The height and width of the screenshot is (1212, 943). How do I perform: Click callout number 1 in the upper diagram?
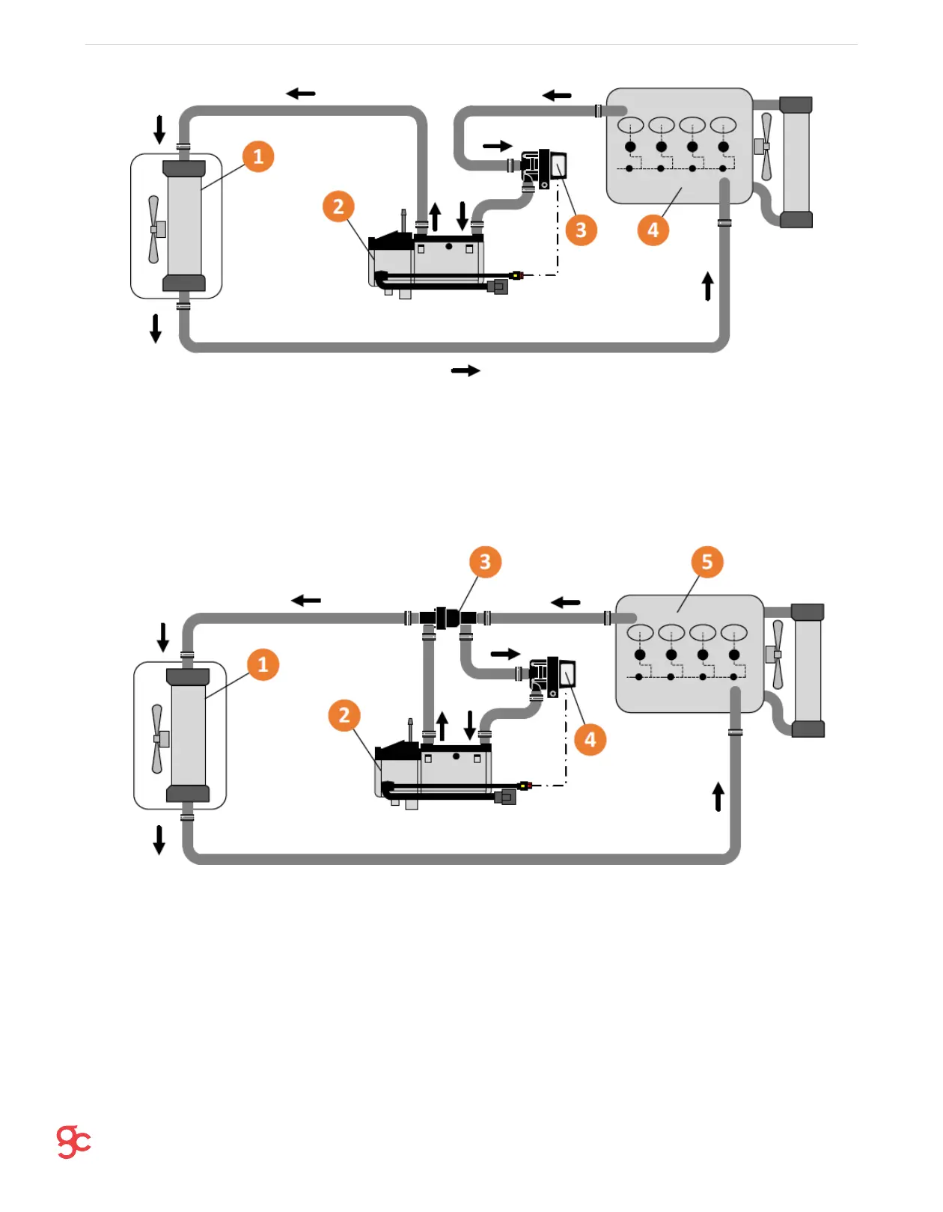click(x=258, y=156)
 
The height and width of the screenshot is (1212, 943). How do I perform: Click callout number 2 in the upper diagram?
click(x=338, y=206)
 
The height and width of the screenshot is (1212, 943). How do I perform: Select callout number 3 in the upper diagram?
click(x=582, y=230)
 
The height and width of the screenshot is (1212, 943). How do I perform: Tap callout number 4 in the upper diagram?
click(x=653, y=230)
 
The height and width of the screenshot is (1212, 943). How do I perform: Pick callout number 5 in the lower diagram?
click(x=707, y=562)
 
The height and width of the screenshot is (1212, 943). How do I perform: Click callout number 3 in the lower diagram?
click(x=485, y=562)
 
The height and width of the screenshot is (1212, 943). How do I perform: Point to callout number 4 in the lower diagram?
click(x=590, y=740)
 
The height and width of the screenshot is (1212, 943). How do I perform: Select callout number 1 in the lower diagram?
click(x=263, y=664)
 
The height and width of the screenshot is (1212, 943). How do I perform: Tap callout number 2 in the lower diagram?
click(x=344, y=715)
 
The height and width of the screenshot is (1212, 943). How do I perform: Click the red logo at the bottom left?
click(x=73, y=1142)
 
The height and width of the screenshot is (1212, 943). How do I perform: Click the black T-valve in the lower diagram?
click(x=447, y=619)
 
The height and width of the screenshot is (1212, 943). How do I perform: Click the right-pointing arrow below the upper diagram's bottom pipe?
click(x=466, y=370)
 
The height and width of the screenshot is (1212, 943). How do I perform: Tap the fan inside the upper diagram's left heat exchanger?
click(x=155, y=229)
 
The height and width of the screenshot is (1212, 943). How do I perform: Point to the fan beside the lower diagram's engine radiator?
click(x=777, y=655)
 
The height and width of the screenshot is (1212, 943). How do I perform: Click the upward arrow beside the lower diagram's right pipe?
click(x=718, y=797)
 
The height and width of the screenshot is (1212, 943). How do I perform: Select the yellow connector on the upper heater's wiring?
click(x=516, y=275)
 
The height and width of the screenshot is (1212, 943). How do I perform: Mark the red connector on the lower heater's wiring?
click(x=525, y=786)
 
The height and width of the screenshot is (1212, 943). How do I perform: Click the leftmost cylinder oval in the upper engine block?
click(x=631, y=125)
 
